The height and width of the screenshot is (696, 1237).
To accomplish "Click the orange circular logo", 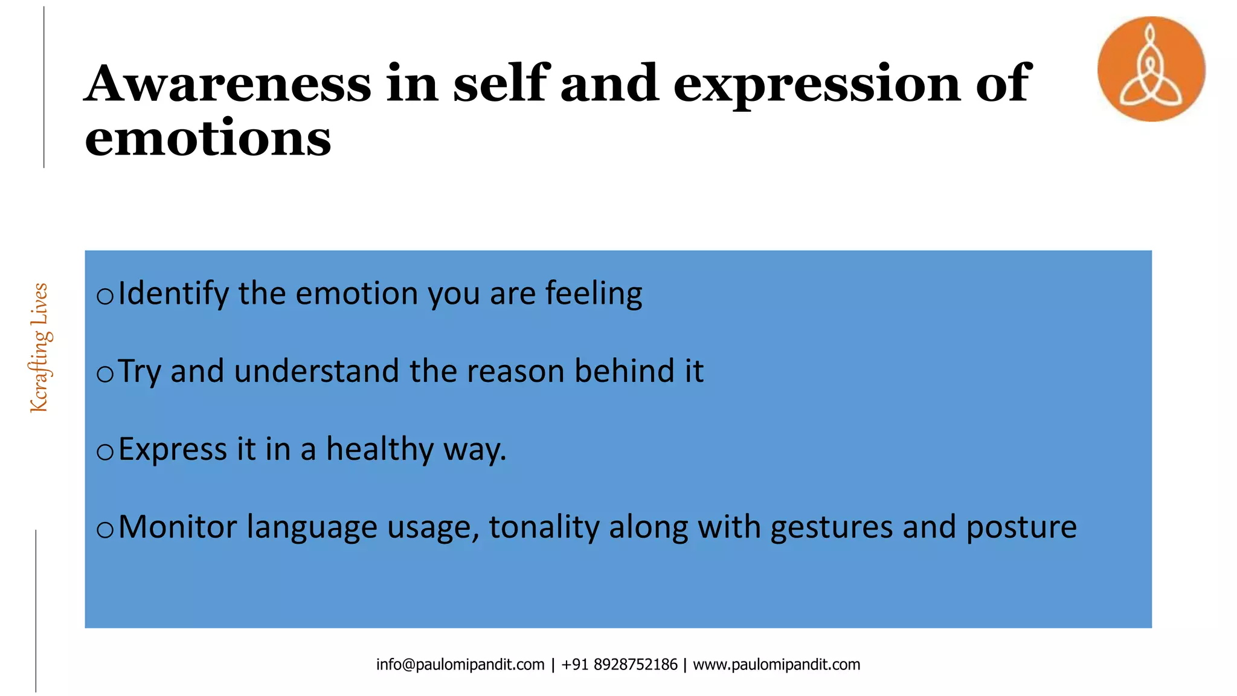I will (1151, 69).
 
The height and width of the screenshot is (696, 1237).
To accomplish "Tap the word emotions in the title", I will (208, 138).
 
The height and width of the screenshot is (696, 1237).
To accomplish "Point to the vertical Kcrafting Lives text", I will (40, 348).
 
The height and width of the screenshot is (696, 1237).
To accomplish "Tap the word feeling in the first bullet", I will (594, 294).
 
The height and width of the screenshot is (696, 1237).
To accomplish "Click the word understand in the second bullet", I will (316, 371).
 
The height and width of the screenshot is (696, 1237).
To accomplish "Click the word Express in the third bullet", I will (173, 449).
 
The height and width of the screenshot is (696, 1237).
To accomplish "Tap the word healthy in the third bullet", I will (380, 449).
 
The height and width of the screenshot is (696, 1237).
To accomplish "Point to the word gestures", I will (832, 527).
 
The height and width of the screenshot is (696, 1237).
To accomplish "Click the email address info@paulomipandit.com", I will (460, 665).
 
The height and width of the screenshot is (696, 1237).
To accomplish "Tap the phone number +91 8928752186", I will (619, 665).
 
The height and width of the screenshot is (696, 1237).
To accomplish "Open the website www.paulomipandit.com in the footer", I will (776, 665).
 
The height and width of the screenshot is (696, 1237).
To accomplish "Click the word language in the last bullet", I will (312, 527).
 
